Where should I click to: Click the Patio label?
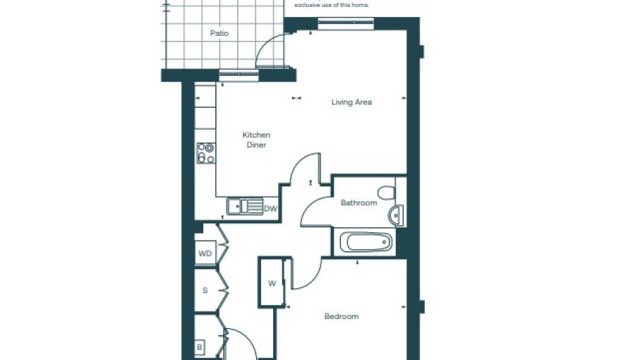pos(219,33)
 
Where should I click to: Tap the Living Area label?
pos(351,102)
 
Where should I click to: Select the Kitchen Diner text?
pos(256,140)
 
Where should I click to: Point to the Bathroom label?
pos(358,203)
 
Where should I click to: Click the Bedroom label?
pos(341,316)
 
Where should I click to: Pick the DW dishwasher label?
pos(270,209)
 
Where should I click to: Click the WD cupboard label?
pos(205,253)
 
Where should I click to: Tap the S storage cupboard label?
pos(205,290)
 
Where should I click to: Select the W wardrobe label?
pos(272,284)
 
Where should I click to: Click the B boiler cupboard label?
pos(200,348)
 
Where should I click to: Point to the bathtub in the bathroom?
pos(366,243)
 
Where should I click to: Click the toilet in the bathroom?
pos(386,192)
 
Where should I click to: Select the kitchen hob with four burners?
pos(205,153)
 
